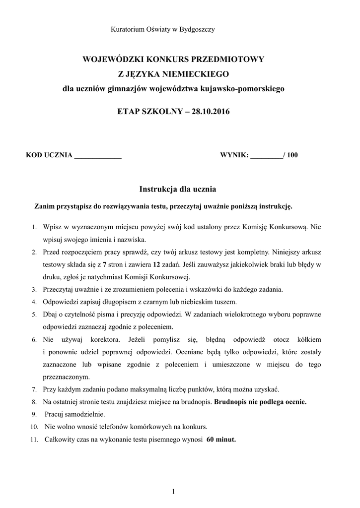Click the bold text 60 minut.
click(x=221, y=439)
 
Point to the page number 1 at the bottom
click(x=173, y=492)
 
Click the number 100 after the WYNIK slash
click(x=292, y=155)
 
